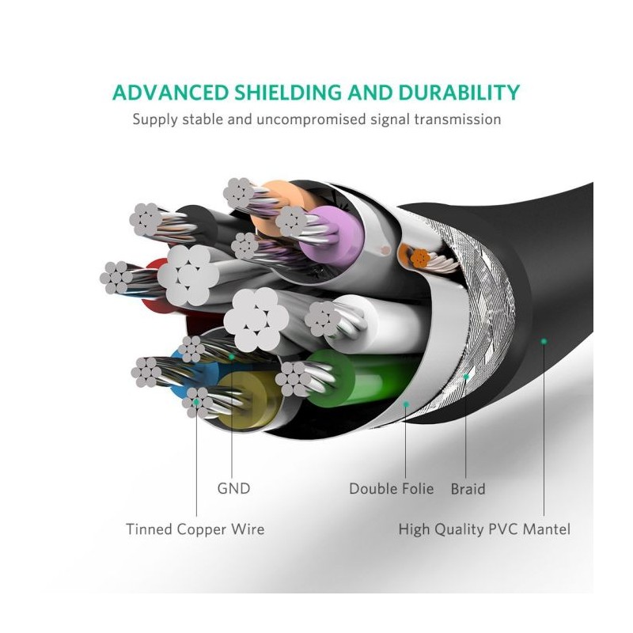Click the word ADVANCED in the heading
(170, 93)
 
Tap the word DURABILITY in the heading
(459, 93)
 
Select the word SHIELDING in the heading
(288, 93)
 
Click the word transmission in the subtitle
(458, 119)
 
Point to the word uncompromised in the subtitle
(311, 120)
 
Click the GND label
(233, 488)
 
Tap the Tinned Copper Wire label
(195, 529)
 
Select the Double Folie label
(391, 488)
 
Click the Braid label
(468, 489)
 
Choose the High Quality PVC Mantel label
(484, 529)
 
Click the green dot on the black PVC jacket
(544, 342)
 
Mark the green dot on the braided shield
(466, 377)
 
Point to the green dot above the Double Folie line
(406, 404)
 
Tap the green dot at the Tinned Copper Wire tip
(196, 402)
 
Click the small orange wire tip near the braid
(420, 258)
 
